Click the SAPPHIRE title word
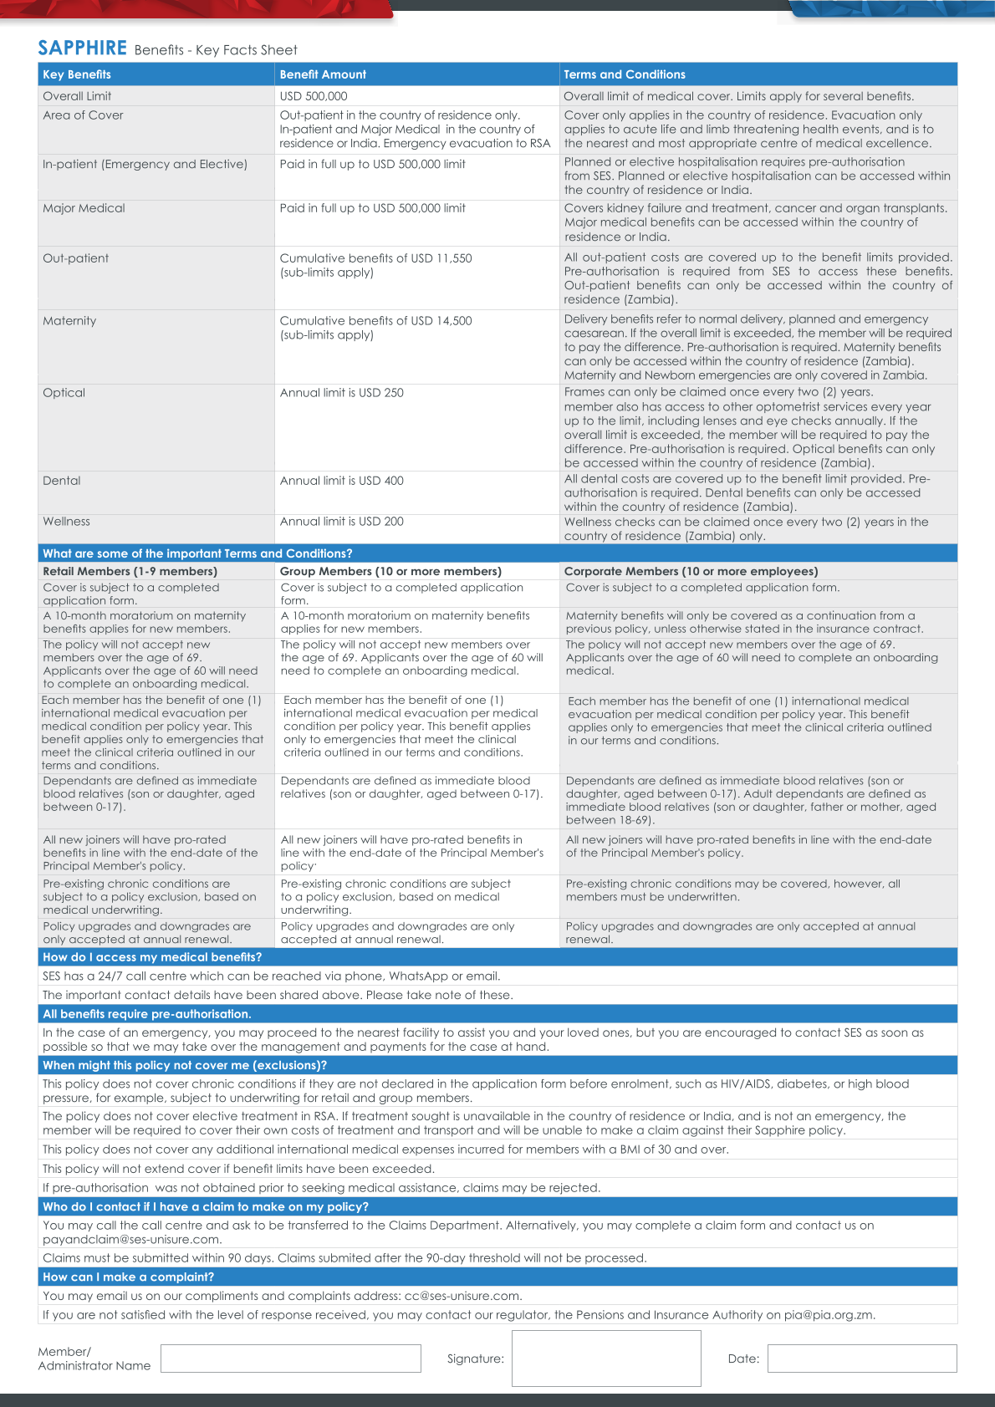pyautogui.click(x=82, y=48)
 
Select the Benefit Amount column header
pyautogui.click(x=323, y=74)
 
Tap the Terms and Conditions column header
pyautogui.click(x=624, y=74)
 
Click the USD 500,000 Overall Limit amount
pyautogui.click(x=314, y=96)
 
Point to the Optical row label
pyautogui.click(x=64, y=393)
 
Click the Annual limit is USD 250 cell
pyautogui.click(x=341, y=393)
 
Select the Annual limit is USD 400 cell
pyautogui.click(x=341, y=481)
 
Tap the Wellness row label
pyautogui.click(x=66, y=522)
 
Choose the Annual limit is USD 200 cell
pyautogui.click(x=341, y=522)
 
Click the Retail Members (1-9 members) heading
pyautogui.click(x=130, y=572)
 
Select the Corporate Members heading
pyautogui.click(x=691, y=572)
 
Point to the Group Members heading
pyautogui.click(x=390, y=572)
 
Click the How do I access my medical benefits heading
pyautogui.click(x=152, y=957)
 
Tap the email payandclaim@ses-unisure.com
pyautogui.click(x=131, y=1240)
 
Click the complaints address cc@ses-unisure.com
pyautogui.click(x=462, y=1296)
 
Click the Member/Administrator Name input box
pyautogui.click(x=290, y=1359)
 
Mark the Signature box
pyautogui.click(x=605, y=1359)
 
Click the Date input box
pyautogui.click(x=861, y=1359)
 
